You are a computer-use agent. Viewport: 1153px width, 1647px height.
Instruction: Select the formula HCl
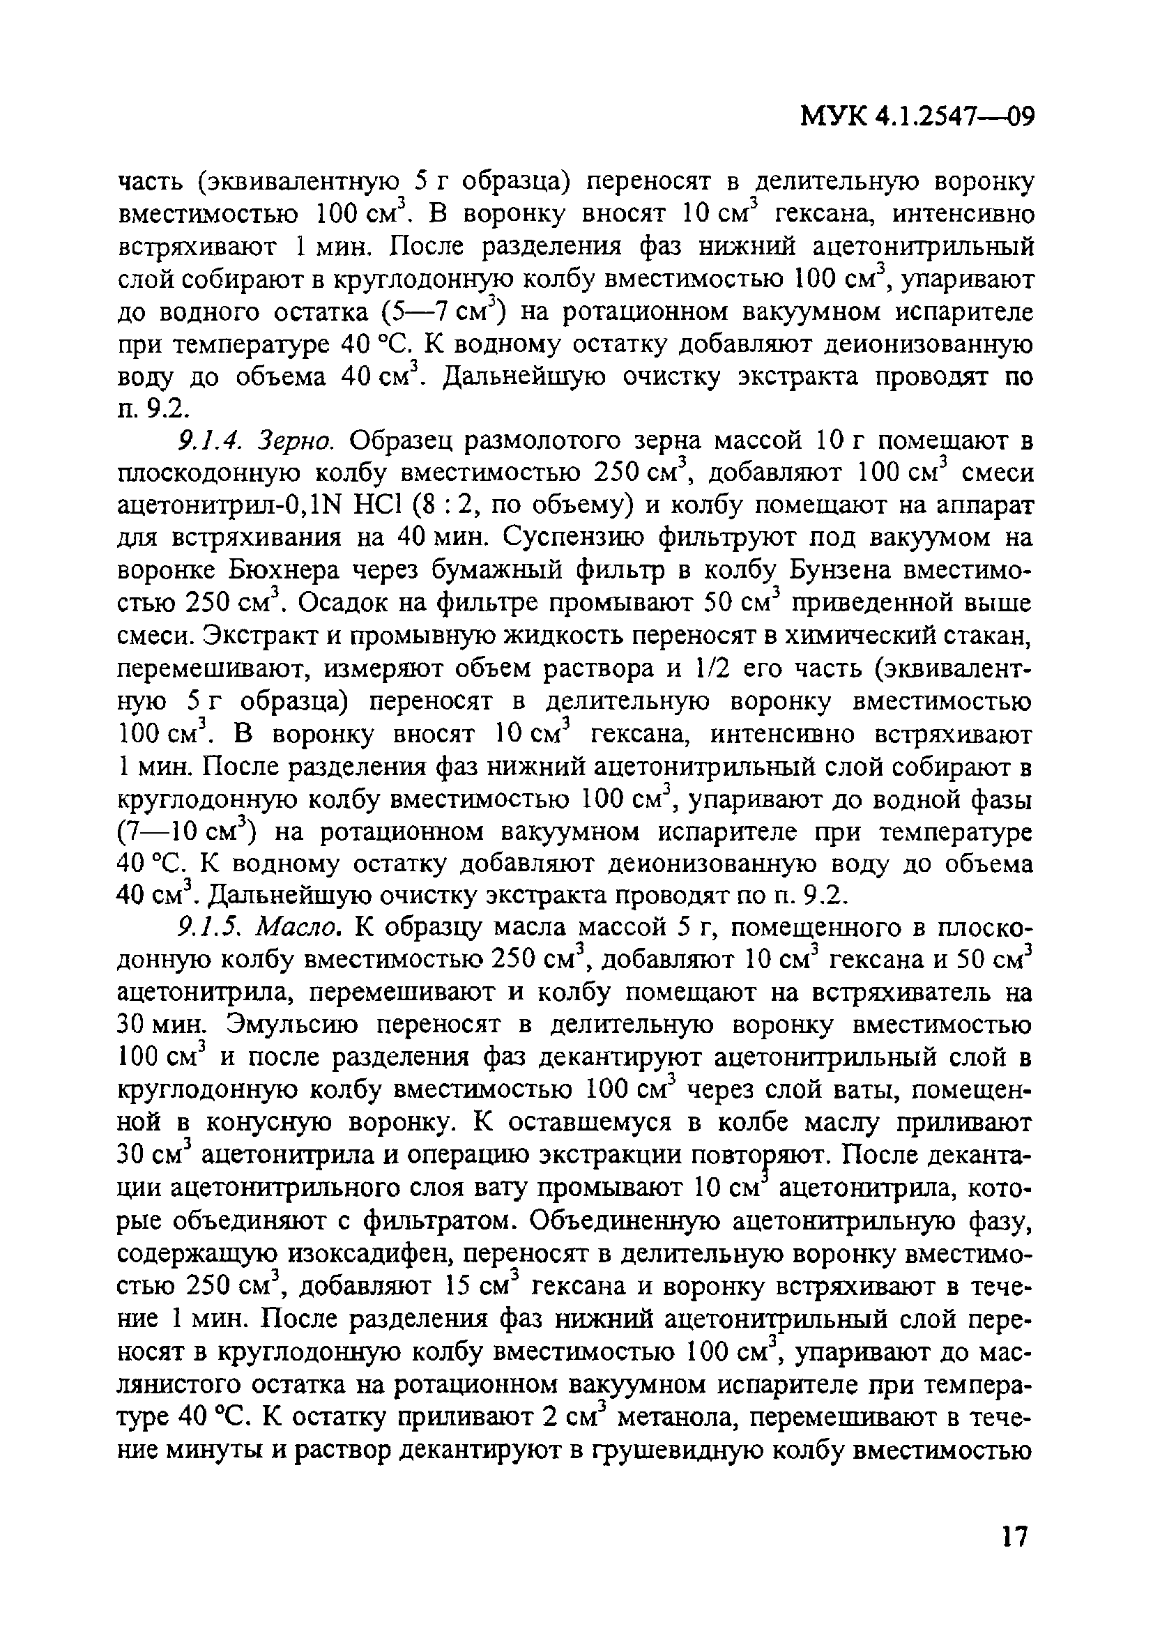(x=383, y=506)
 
